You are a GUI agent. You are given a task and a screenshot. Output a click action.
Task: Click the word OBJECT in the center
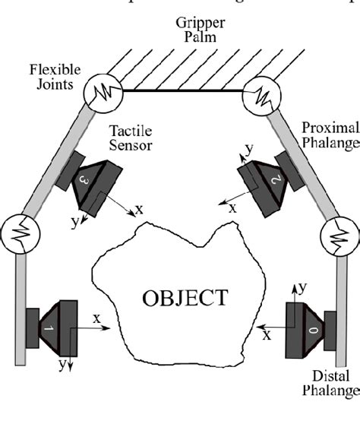(x=185, y=297)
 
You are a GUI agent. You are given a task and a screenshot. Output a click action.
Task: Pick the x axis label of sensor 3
(x=138, y=207)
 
